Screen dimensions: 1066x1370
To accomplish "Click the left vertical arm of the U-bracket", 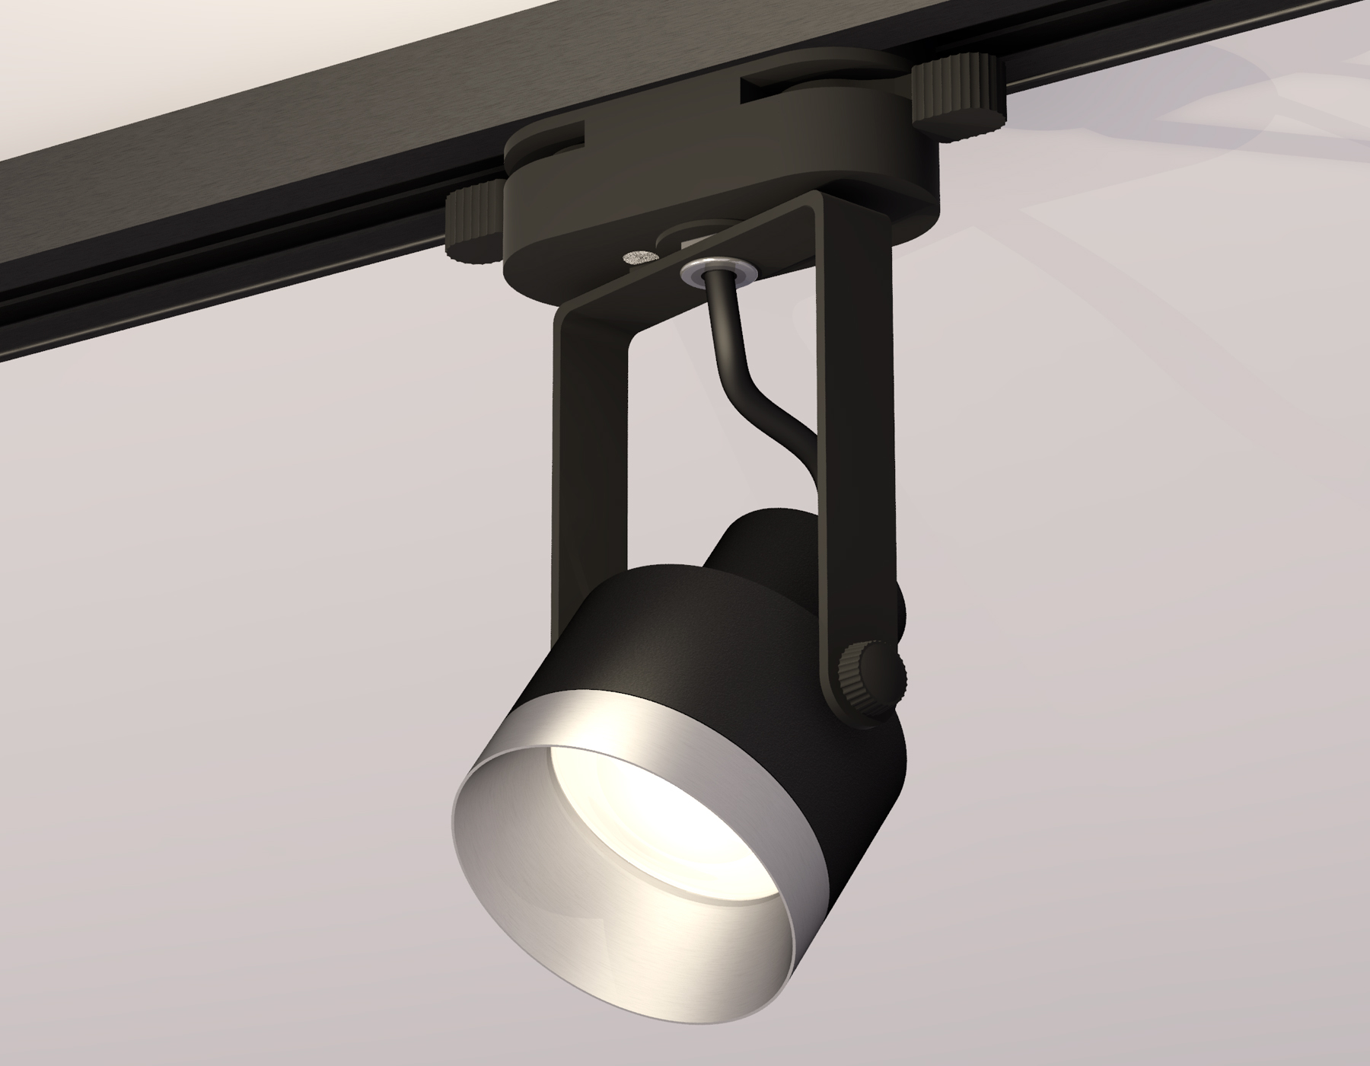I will coord(578,442).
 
